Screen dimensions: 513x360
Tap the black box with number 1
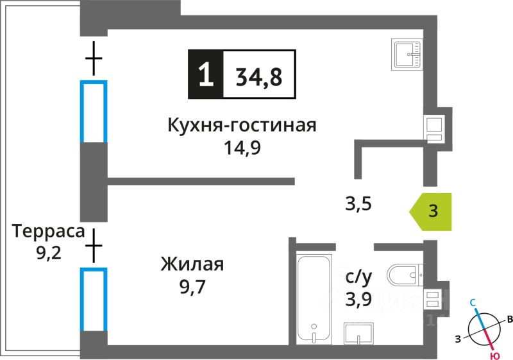(x=205, y=74)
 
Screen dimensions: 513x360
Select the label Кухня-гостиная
(x=242, y=124)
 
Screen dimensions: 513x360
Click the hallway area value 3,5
(x=358, y=205)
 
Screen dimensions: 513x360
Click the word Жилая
(x=192, y=264)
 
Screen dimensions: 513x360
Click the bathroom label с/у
(x=358, y=277)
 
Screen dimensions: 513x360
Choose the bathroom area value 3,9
(x=358, y=298)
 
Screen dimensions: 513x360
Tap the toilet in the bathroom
(x=404, y=275)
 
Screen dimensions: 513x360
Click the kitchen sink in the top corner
(x=407, y=53)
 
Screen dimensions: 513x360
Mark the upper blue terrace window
(x=93, y=111)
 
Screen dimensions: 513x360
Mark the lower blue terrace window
(x=93, y=299)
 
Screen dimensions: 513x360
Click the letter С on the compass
(x=473, y=302)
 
